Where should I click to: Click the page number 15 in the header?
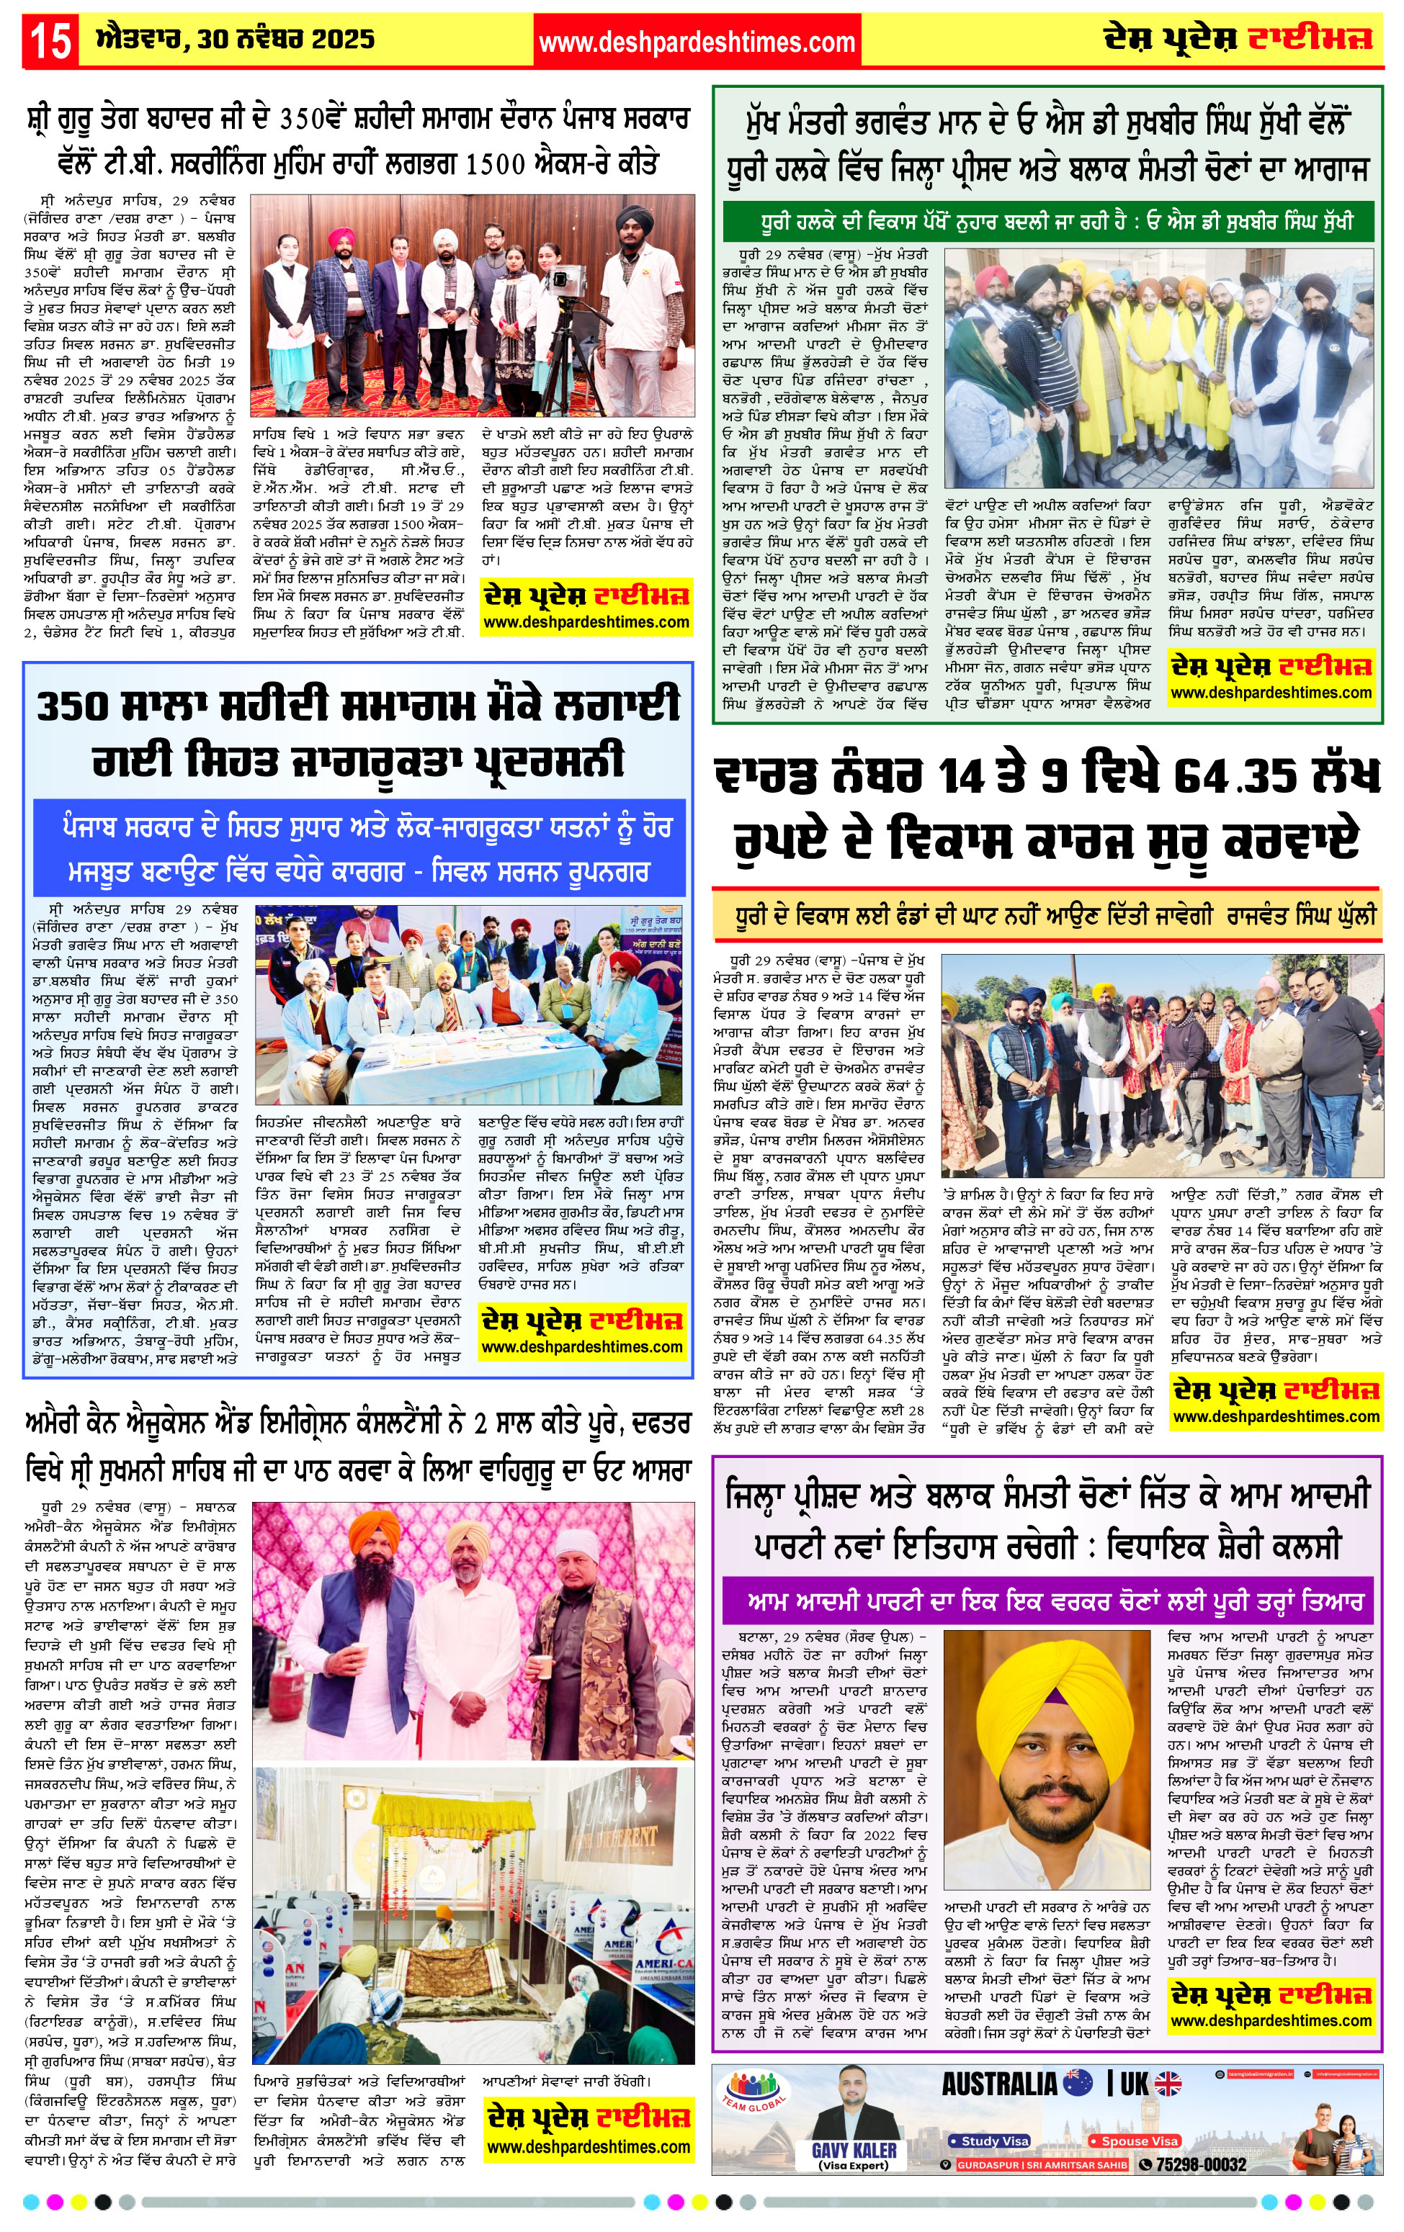50,41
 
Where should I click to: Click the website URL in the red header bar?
697,42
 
